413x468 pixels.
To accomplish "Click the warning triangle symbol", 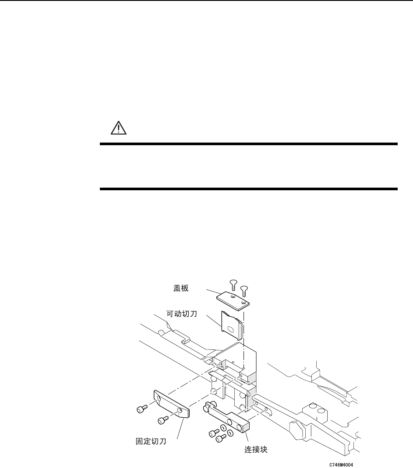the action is tap(117, 128).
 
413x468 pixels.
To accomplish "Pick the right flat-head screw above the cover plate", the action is tap(244, 288).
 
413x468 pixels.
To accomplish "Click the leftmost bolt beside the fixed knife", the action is tap(140, 409).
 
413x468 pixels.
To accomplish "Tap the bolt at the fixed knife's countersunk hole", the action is tap(162, 420).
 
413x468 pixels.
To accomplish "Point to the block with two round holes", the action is tap(317, 409).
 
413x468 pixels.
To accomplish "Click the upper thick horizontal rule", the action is tap(248, 143).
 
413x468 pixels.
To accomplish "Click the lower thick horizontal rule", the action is tap(248, 189).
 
